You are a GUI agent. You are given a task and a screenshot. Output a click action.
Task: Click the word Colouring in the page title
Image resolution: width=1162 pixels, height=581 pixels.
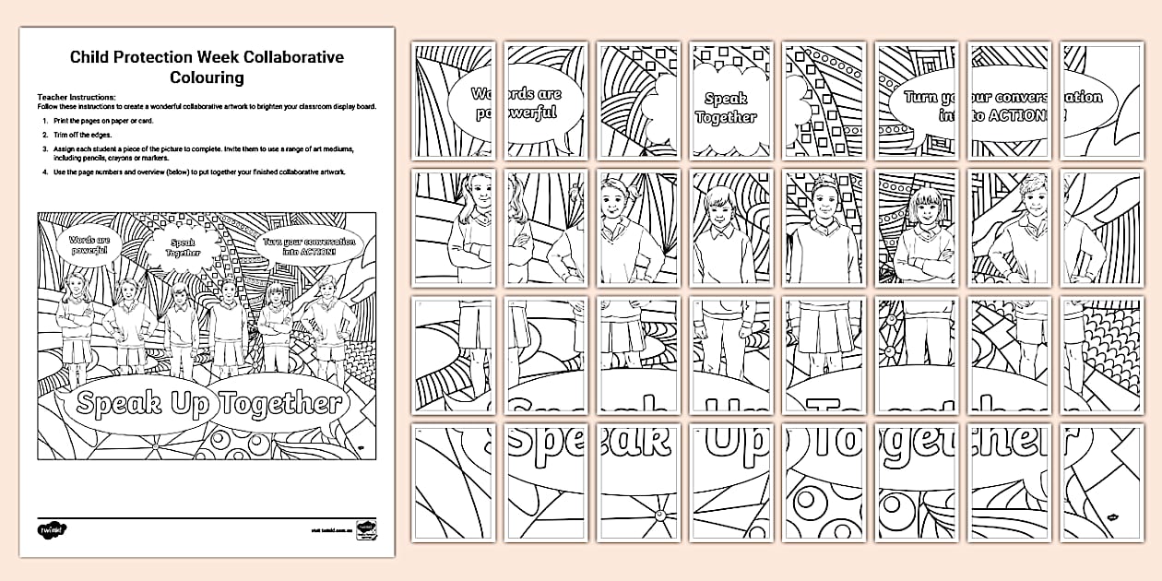(207, 78)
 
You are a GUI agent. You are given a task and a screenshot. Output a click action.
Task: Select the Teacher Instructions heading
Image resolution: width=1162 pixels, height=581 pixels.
(76, 97)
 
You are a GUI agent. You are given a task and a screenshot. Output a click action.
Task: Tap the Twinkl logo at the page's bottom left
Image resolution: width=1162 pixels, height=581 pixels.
(50, 529)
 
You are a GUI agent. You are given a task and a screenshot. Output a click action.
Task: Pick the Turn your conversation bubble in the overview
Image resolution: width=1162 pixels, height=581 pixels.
(298, 246)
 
